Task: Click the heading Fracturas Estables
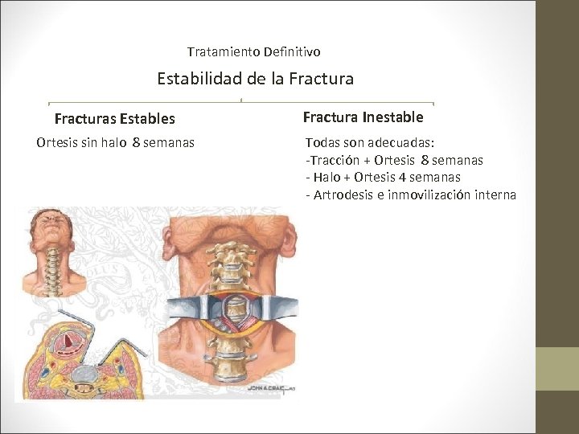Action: coord(114,119)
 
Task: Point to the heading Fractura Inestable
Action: coord(363,117)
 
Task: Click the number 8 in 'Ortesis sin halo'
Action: coord(136,143)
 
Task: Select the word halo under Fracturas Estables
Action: coord(114,143)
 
